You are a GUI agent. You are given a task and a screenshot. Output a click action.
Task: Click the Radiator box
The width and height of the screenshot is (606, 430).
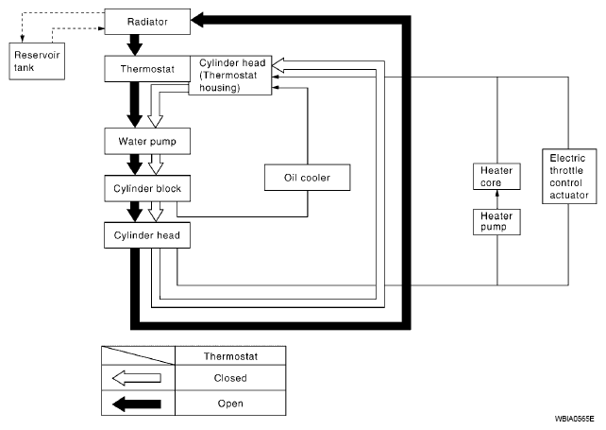coord(147,22)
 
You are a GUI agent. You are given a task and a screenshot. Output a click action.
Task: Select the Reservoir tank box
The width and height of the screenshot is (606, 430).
coord(37,61)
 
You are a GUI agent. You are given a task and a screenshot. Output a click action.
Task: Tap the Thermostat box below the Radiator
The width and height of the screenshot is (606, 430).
coord(147,69)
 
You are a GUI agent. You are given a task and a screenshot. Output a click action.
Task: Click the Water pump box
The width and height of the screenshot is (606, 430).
coord(147,141)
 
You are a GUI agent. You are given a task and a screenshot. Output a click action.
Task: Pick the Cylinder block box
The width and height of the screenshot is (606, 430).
coord(147,188)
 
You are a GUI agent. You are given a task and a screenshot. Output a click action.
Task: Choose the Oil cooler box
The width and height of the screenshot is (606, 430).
coord(308,178)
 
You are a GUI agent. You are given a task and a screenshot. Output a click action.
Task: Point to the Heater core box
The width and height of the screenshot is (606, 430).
coord(497,177)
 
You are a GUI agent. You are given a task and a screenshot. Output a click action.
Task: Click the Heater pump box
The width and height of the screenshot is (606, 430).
coord(497,222)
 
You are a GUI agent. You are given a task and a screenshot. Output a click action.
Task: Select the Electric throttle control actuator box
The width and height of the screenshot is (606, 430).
coord(569,177)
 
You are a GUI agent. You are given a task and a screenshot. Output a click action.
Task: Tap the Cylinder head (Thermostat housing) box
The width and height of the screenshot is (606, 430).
coord(230,75)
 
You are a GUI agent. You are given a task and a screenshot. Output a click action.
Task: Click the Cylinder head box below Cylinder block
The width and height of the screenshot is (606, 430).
coord(147,235)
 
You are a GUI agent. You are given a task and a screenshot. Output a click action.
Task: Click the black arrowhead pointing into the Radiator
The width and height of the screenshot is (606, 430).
coord(197,21)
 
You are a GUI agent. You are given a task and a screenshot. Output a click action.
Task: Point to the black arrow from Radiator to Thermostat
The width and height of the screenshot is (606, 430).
coord(135,45)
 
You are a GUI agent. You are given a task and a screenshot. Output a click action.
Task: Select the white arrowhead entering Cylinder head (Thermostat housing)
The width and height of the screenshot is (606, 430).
coord(278,65)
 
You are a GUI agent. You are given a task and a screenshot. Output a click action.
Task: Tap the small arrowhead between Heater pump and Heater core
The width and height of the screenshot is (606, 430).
coord(497,193)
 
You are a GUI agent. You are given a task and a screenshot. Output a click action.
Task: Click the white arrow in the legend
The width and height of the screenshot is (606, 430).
coord(137,378)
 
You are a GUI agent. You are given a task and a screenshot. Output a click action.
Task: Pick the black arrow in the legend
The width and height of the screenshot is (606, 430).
coord(137,404)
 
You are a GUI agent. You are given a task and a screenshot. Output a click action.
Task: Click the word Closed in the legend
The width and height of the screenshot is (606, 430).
coord(230,378)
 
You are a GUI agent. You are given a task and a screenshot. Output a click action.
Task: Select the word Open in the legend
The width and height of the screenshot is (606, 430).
coord(230,404)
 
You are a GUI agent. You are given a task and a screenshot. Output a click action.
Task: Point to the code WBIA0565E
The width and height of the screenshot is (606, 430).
coord(574,419)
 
